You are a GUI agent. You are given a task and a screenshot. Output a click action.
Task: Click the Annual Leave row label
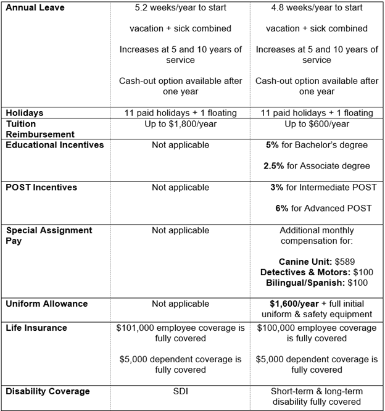(x=35, y=8)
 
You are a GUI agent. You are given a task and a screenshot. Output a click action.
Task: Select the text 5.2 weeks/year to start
(x=180, y=8)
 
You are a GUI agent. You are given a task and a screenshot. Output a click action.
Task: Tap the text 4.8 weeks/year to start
(x=317, y=8)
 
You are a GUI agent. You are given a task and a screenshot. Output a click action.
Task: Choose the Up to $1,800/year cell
(x=181, y=123)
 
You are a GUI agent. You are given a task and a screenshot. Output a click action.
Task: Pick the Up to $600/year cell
(x=317, y=123)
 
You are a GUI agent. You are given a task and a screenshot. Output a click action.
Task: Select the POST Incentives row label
(x=42, y=187)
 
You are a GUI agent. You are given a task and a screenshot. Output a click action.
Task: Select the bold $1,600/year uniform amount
(x=294, y=304)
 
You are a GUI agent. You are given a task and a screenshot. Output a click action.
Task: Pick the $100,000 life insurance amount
(x=278, y=328)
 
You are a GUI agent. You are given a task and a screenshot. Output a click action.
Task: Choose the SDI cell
(x=181, y=391)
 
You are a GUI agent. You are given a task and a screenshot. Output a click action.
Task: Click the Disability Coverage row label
(x=48, y=391)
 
